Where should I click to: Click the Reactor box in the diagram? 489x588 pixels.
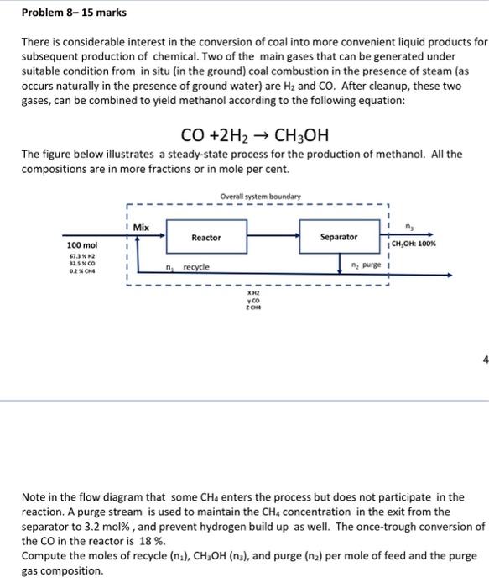(x=205, y=238)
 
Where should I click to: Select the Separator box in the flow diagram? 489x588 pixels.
(x=339, y=238)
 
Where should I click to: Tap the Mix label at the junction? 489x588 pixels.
(x=141, y=226)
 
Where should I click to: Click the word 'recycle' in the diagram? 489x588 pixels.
(x=195, y=266)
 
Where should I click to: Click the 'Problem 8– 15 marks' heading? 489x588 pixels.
(x=56, y=13)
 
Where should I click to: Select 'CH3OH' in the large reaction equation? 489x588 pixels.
(x=297, y=135)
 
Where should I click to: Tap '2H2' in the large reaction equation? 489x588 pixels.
(x=229, y=135)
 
